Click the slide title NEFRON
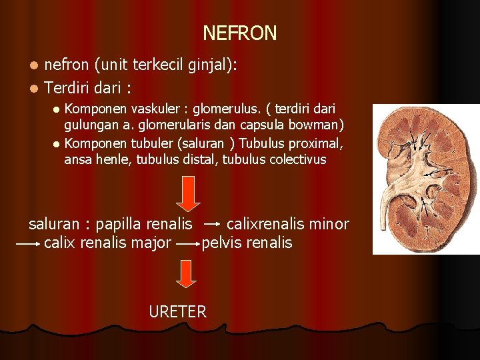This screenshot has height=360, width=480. [x=239, y=33]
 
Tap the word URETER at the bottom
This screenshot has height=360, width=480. [x=177, y=311]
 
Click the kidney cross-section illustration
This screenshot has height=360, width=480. [x=425, y=179]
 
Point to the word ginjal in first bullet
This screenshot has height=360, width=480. [x=207, y=65]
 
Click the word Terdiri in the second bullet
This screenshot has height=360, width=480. [x=69, y=87]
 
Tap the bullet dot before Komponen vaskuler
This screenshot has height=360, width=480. [x=57, y=109]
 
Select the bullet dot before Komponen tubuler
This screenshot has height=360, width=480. [x=57, y=143]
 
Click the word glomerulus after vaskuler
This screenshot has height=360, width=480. [x=223, y=109]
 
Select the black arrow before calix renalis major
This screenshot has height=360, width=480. [x=28, y=244]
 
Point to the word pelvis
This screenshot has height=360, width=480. [x=222, y=243]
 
